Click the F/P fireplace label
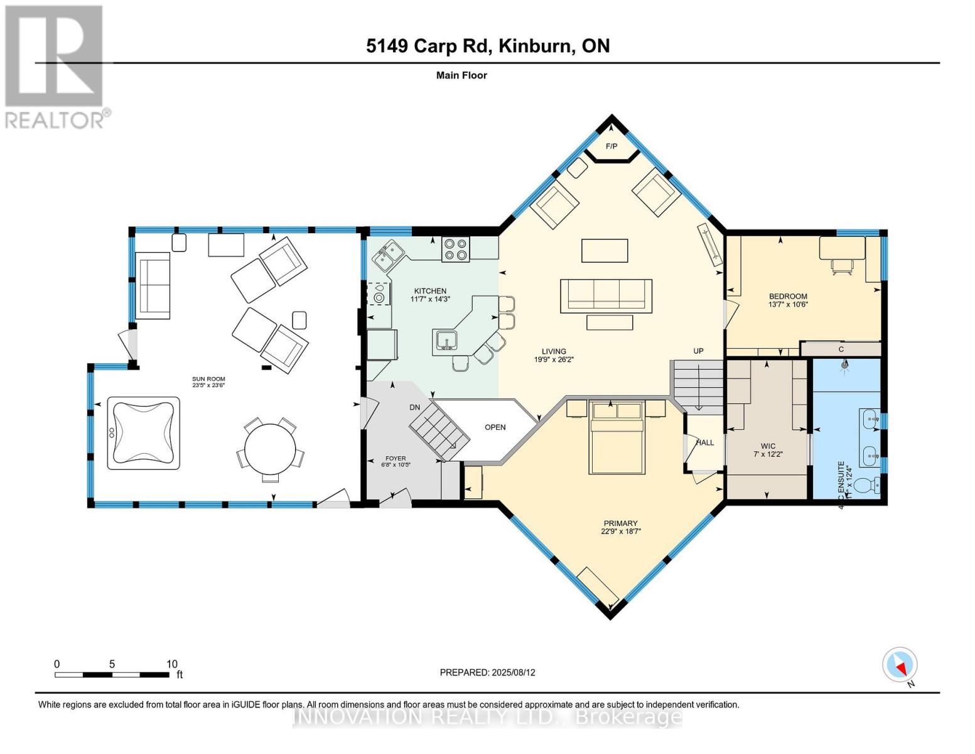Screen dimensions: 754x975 click(611, 146)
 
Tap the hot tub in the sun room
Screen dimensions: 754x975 click(143, 433)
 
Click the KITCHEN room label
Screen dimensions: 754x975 click(430, 291)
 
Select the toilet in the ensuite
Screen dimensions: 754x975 click(870, 485)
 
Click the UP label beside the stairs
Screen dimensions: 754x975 click(698, 351)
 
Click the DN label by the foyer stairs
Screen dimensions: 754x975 click(414, 407)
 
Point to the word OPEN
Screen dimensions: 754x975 click(495, 427)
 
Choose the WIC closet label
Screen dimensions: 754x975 click(768, 446)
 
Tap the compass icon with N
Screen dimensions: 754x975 click(900, 665)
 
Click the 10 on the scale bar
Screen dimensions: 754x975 click(171, 664)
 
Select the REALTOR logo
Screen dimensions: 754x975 click(55, 66)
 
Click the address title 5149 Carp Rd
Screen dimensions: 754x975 click(488, 46)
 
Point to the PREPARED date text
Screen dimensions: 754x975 click(487, 672)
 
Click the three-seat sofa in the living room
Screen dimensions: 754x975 click(606, 295)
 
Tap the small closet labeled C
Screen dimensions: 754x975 click(841, 349)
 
